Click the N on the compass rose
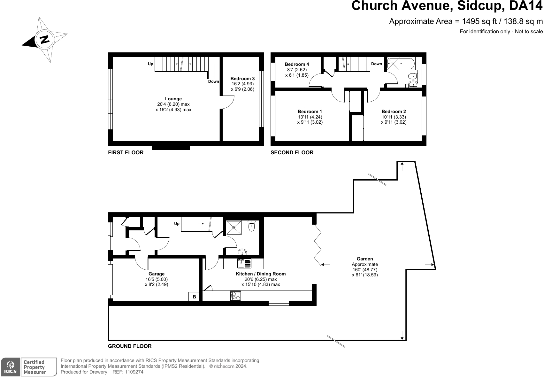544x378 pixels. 45,39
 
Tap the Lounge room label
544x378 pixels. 173,99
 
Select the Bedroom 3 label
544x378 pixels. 243,79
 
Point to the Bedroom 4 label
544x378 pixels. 297,64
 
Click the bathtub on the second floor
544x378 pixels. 401,64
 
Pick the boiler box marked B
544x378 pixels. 194,297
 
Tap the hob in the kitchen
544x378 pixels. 235,296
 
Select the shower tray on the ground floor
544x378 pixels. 234,228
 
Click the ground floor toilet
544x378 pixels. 252,226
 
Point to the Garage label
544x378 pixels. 157,274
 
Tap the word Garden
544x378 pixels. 365,259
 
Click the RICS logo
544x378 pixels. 11,367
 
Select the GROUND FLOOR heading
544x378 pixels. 130,346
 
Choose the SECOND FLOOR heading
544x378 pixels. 292,152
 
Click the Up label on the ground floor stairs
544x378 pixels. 177,224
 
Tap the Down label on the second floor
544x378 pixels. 376,64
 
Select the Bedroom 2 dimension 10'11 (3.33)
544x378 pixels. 394,117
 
